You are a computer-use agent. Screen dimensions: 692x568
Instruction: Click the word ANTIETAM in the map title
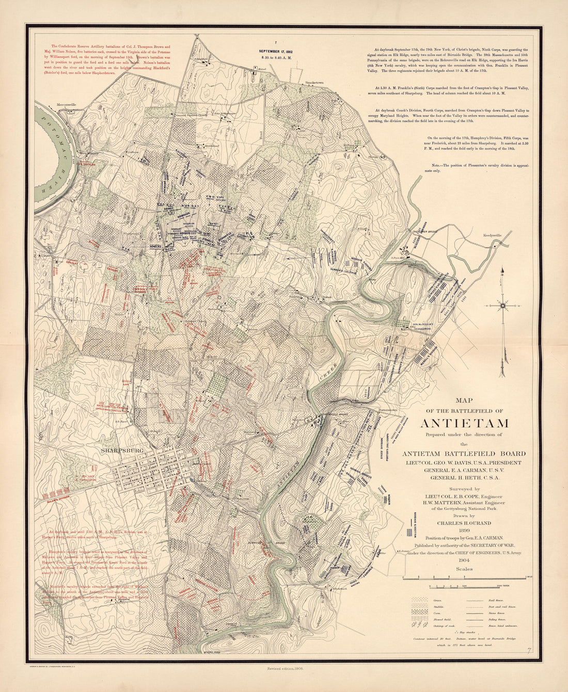point(464,423)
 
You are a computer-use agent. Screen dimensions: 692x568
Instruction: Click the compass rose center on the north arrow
point(502,306)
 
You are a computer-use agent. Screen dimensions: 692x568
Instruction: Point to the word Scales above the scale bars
point(464,569)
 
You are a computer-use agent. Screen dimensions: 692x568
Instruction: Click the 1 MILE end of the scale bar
point(528,576)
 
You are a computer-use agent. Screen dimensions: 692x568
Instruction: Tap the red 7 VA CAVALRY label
point(87,164)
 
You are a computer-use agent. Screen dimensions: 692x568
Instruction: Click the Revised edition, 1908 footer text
point(283,668)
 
